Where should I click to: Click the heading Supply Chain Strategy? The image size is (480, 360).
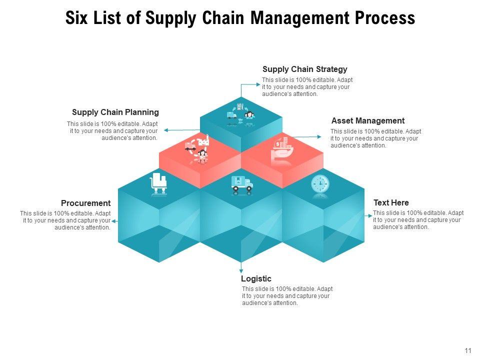tap(304, 69)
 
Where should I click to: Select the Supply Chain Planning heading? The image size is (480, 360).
tap(115, 112)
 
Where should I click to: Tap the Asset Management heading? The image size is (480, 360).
tap(367, 121)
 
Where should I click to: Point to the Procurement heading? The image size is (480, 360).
tap(85, 203)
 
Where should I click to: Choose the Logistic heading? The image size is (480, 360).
tap(256, 279)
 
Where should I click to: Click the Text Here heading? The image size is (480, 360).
tap(391, 203)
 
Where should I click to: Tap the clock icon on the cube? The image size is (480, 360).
tap(320, 184)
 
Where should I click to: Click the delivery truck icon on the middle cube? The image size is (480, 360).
tap(242, 184)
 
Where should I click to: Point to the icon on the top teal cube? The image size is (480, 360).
tap(241, 115)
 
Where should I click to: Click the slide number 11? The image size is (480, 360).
tap(468, 350)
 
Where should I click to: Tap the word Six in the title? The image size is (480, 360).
tap(76, 18)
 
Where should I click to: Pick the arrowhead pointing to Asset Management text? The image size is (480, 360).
tap(321, 136)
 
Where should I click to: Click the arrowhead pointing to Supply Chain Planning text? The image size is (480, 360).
tap(165, 130)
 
